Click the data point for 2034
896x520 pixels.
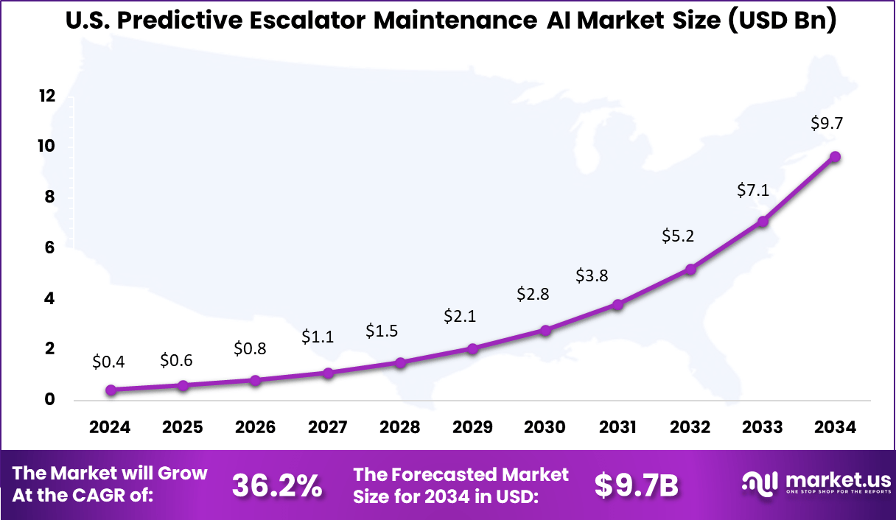(x=835, y=156)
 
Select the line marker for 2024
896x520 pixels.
(x=111, y=390)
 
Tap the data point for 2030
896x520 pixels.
(x=545, y=331)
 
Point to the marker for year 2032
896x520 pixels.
(x=690, y=270)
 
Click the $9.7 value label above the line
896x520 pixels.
(x=827, y=124)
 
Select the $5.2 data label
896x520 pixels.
(x=677, y=236)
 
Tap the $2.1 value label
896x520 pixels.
(x=459, y=316)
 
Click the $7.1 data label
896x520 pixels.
(x=753, y=190)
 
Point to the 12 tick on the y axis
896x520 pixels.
(x=47, y=96)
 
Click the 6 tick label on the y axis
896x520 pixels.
(x=50, y=248)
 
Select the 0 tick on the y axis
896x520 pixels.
(x=50, y=400)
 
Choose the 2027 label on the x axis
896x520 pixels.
(x=328, y=428)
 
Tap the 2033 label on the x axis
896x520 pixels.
(x=763, y=428)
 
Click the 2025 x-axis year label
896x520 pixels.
(x=183, y=428)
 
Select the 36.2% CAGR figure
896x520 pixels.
(x=277, y=485)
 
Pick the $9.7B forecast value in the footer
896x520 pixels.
(x=636, y=485)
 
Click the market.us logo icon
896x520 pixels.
(x=760, y=484)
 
